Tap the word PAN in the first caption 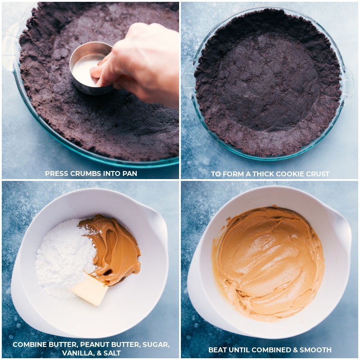(129, 173)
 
